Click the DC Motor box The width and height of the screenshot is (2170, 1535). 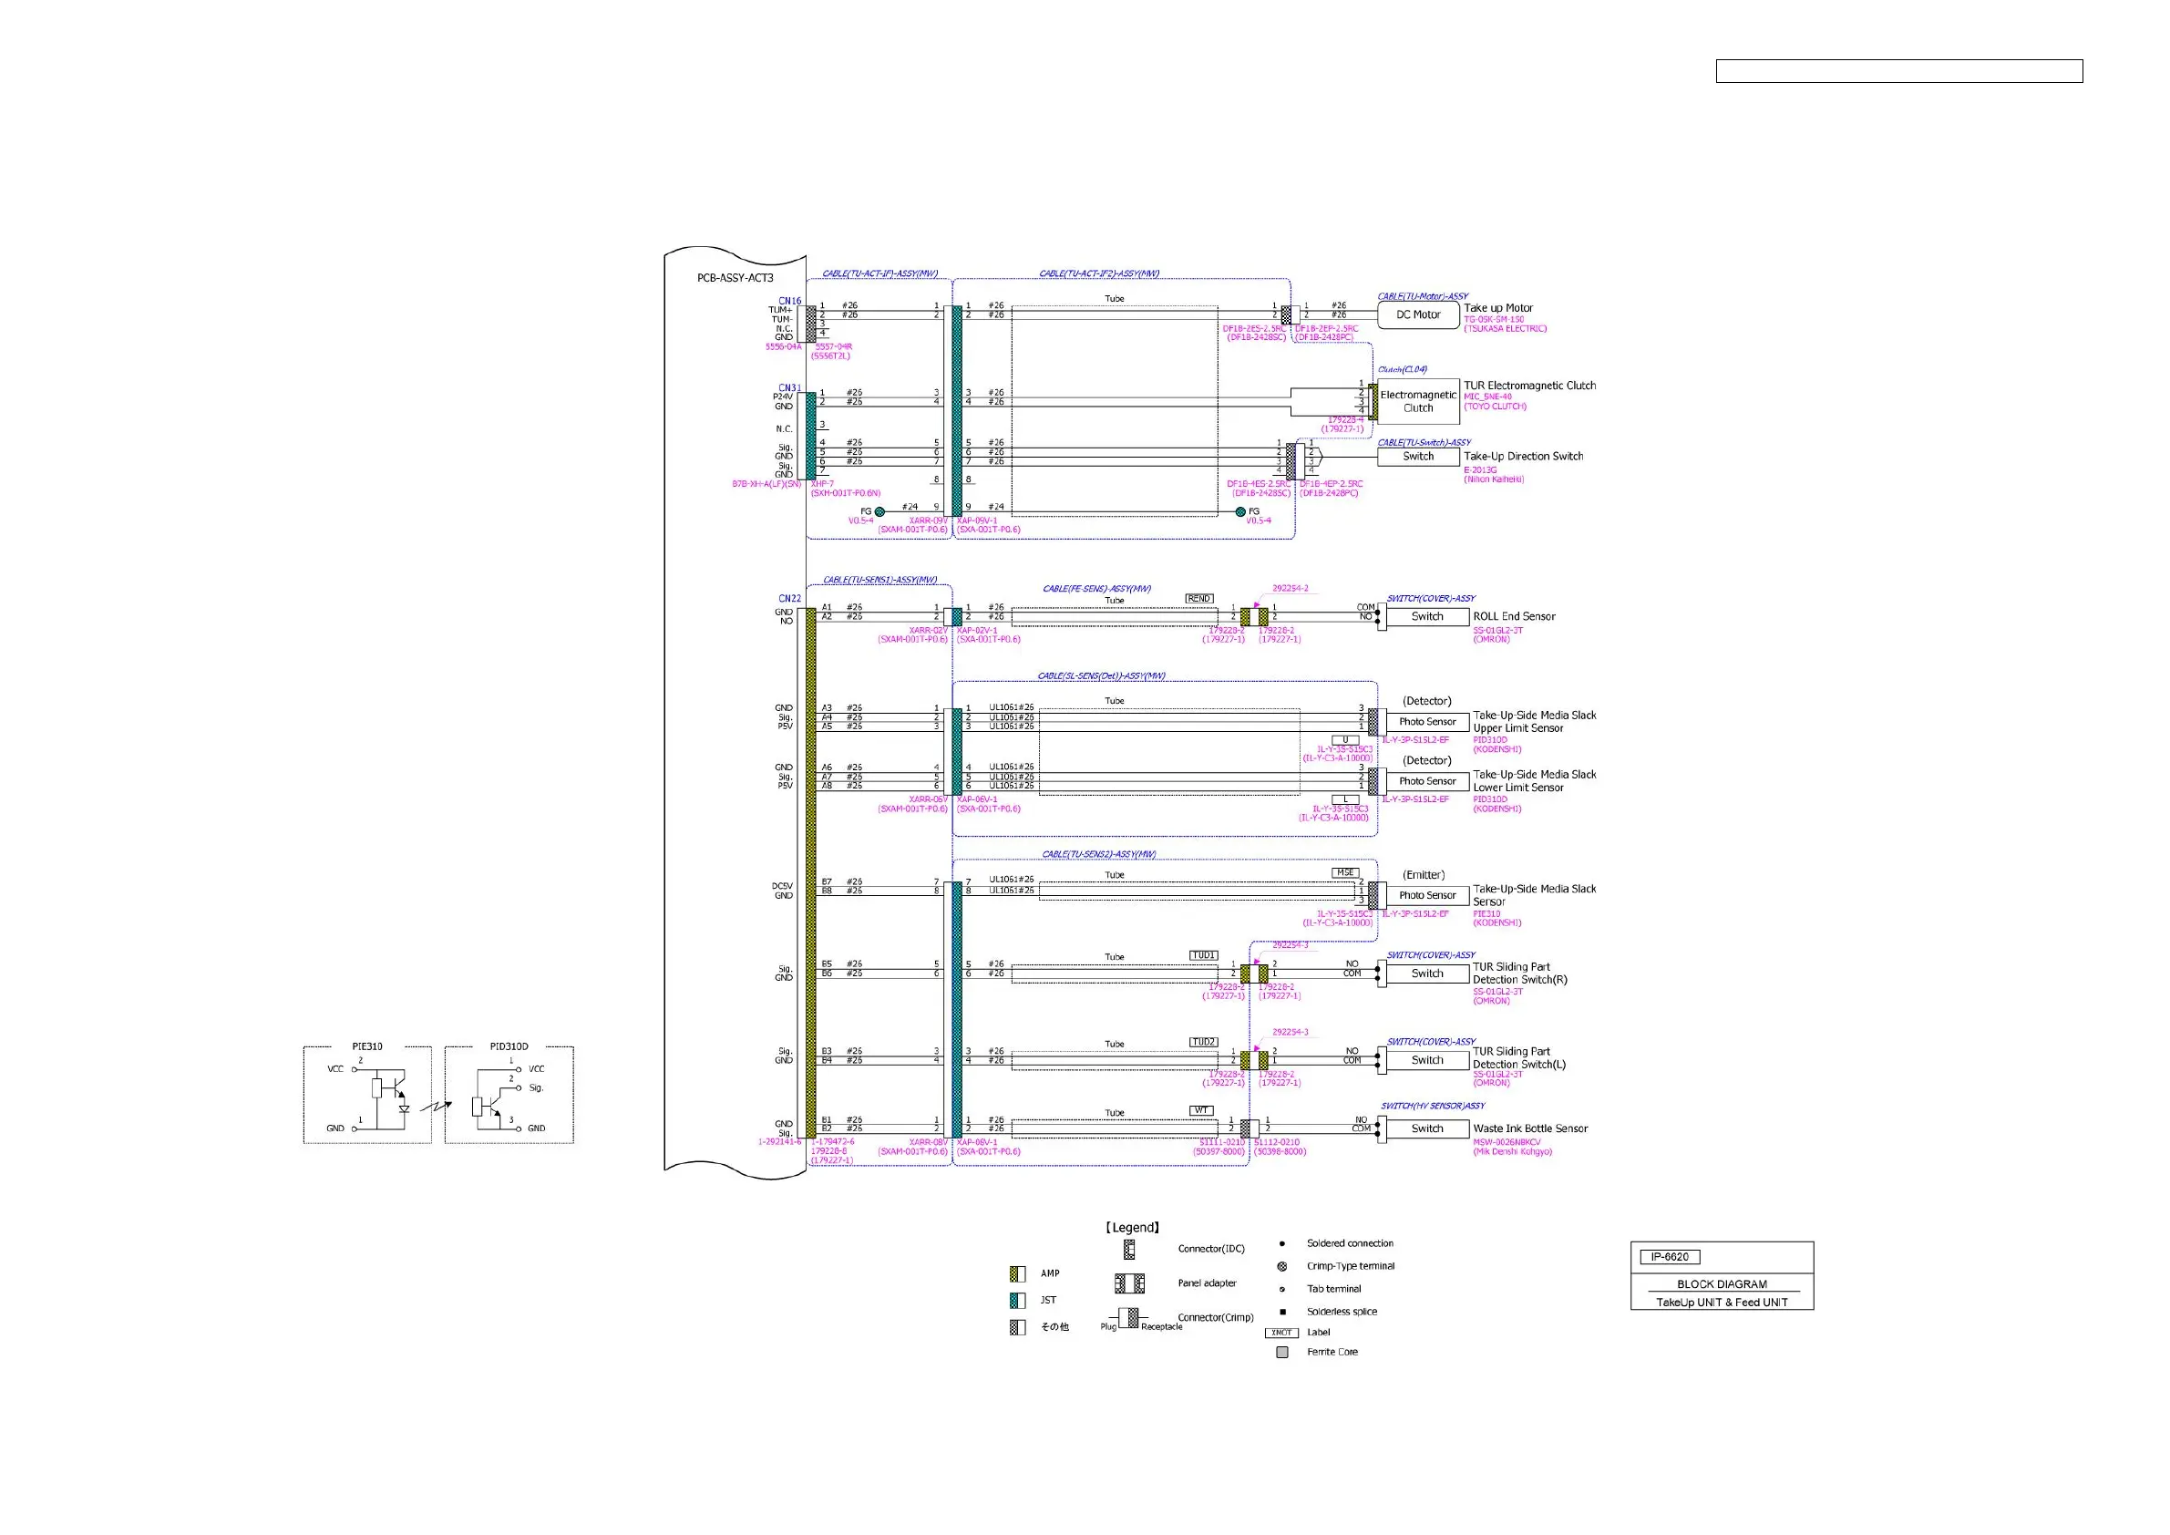tap(1418, 314)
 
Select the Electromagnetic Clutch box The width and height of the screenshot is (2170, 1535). tap(1418, 402)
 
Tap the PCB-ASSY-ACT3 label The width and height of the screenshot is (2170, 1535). tap(735, 278)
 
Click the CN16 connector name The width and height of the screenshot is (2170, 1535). tap(789, 301)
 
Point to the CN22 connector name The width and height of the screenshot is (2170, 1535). tap(789, 598)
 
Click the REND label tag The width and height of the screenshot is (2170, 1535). tap(1198, 598)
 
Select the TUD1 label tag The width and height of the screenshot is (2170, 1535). tap(1203, 955)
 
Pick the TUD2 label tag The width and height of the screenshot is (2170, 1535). tap(1203, 1042)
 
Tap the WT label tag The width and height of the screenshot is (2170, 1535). tap(1200, 1110)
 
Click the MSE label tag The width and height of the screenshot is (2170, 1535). tap(1345, 872)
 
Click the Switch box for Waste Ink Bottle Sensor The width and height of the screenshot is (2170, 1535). tap(1427, 1128)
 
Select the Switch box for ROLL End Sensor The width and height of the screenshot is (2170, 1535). tap(1427, 616)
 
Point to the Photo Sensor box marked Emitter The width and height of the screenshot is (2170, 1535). tap(1427, 895)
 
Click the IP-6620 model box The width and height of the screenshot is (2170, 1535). tap(1669, 1257)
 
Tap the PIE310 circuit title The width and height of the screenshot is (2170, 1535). tap(366, 1046)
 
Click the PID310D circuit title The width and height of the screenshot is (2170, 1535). tap(509, 1046)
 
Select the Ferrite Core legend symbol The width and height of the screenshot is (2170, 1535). tap(1281, 1353)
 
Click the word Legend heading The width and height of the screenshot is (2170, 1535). tap(1132, 1228)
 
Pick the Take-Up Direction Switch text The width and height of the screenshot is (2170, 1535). tap(1523, 457)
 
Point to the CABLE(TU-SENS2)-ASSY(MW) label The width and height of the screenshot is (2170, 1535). tap(1098, 854)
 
